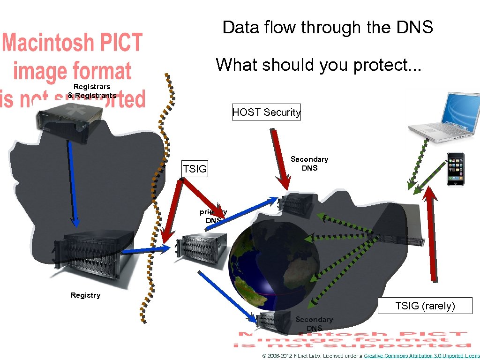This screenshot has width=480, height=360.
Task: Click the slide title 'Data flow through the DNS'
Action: [x=328, y=28]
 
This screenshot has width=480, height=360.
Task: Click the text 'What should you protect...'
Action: [x=319, y=65]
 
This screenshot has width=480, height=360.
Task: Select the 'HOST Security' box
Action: [x=266, y=112]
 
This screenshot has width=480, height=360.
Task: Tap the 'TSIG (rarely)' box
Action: [x=425, y=306]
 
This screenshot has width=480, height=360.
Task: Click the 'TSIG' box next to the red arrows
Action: [x=195, y=169]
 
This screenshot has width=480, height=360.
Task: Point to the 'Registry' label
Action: [x=85, y=295]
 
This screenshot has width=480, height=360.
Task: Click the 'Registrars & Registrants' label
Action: [x=92, y=91]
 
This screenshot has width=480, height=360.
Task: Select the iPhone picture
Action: [x=455, y=169]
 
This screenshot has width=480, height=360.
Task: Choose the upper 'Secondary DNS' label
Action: [x=309, y=164]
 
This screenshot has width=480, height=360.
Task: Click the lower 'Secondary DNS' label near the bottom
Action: [x=314, y=323]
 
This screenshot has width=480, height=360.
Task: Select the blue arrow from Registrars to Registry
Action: [x=73, y=183]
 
